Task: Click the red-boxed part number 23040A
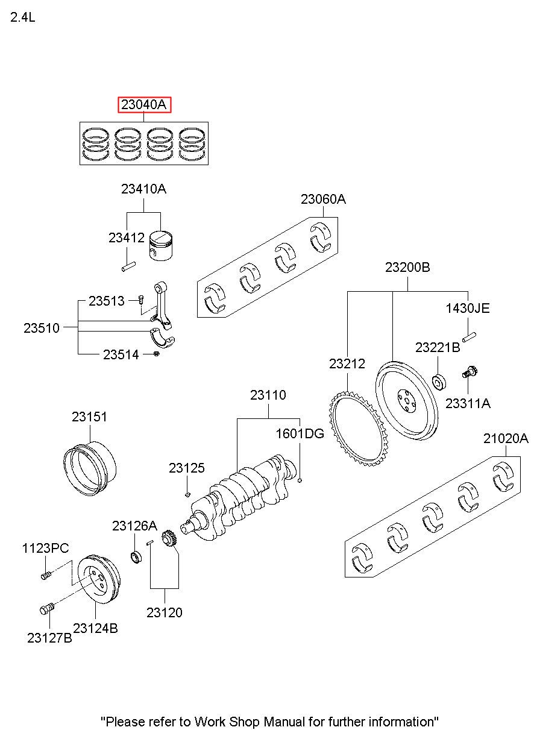144,105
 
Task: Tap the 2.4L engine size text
22,17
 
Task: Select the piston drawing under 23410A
161,246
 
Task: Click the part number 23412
127,238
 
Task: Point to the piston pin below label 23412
128,266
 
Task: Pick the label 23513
107,301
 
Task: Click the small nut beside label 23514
156,354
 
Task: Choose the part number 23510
42,328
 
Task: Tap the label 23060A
323,199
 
